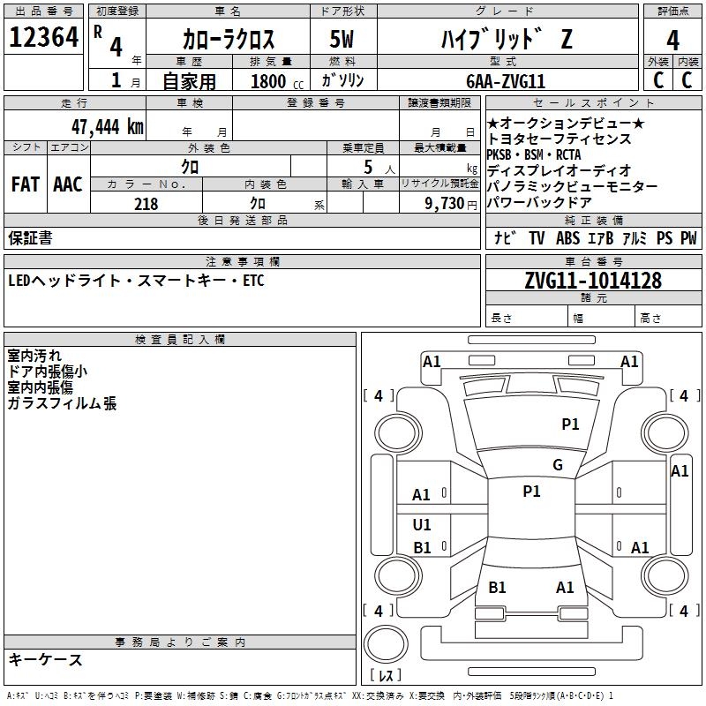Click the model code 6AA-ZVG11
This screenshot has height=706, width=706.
pyautogui.click(x=506, y=81)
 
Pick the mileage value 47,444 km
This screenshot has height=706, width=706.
pyautogui.click(x=107, y=126)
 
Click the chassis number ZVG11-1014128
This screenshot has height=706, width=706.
pyautogui.click(x=593, y=281)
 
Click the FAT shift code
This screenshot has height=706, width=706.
pyautogui.click(x=25, y=184)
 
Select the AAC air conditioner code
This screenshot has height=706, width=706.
pyautogui.click(x=67, y=184)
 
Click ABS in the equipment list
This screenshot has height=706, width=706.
pyautogui.click(x=567, y=238)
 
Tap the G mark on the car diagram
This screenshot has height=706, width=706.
pyautogui.click(x=558, y=465)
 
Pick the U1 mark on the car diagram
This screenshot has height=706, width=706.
pyautogui.click(x=422, y=525)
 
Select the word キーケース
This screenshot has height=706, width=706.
pyautogui.click(x=45, y=659)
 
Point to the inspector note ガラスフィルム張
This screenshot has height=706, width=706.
pyautogui.click(x=62, y=403)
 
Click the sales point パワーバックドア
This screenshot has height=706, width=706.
pyautogui.click(x=546, y=203)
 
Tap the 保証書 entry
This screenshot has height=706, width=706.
pyautogui.click(x=30, y=237)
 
